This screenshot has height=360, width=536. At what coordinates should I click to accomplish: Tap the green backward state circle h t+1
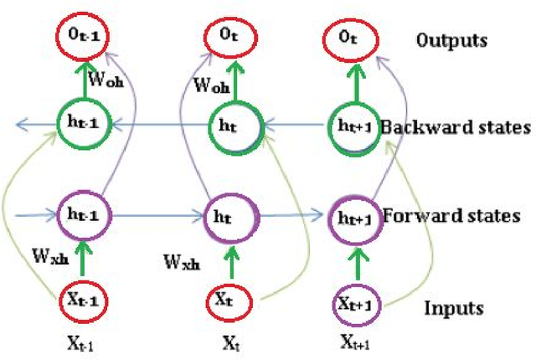pyautogui.click(x=351, y=126)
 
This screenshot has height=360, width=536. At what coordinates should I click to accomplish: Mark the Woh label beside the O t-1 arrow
pyautogui.click(x=111, y=82)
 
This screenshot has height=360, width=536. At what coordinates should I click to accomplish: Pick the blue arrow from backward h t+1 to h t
pyautogui.click(x=294, y=126)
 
